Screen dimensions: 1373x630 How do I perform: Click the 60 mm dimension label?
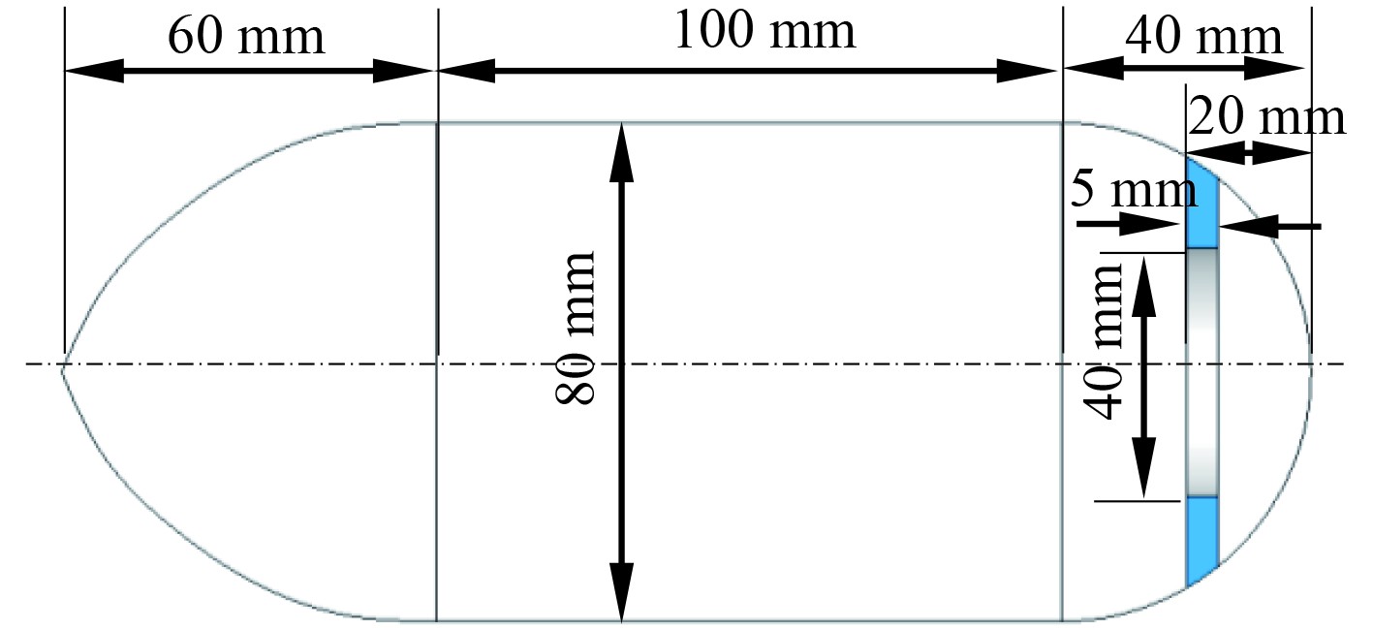[x=246, y=37]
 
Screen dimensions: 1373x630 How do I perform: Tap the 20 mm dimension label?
[x=1266, y=118]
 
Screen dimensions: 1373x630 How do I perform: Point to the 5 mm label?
[x=1133, y=190]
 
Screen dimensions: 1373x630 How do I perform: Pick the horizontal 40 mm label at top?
[x=1203, y=39]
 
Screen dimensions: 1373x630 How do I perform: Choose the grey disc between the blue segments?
[x=1202, y=372]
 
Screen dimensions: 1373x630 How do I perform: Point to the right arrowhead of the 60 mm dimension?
[x=401, y=71]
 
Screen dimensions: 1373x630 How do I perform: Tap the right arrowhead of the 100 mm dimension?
[x=1027, y=71]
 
